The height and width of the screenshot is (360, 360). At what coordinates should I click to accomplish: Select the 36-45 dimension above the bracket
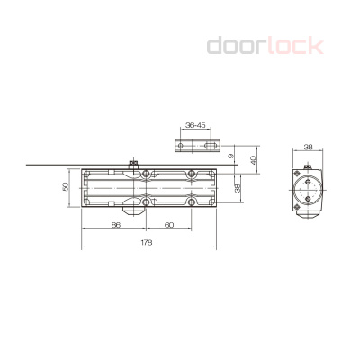click(x=194, y=127)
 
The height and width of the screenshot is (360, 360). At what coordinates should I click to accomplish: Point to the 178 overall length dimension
click(x=146, y=242)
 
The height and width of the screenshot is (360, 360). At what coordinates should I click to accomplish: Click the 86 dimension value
click(x=116, y=226)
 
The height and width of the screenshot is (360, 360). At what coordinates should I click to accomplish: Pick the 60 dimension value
click(x=168, y=226)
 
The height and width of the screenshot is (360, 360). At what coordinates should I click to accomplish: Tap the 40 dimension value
click(x=253, y=159)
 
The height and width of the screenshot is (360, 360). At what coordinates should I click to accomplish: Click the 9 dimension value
click(x=230, y=157)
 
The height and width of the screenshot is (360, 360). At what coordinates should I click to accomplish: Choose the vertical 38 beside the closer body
click(x=238, y=188)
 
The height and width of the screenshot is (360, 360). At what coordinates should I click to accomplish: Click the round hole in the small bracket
click(x=182, y=145)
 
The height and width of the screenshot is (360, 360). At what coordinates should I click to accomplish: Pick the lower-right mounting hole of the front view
click(x=192, y=202)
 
